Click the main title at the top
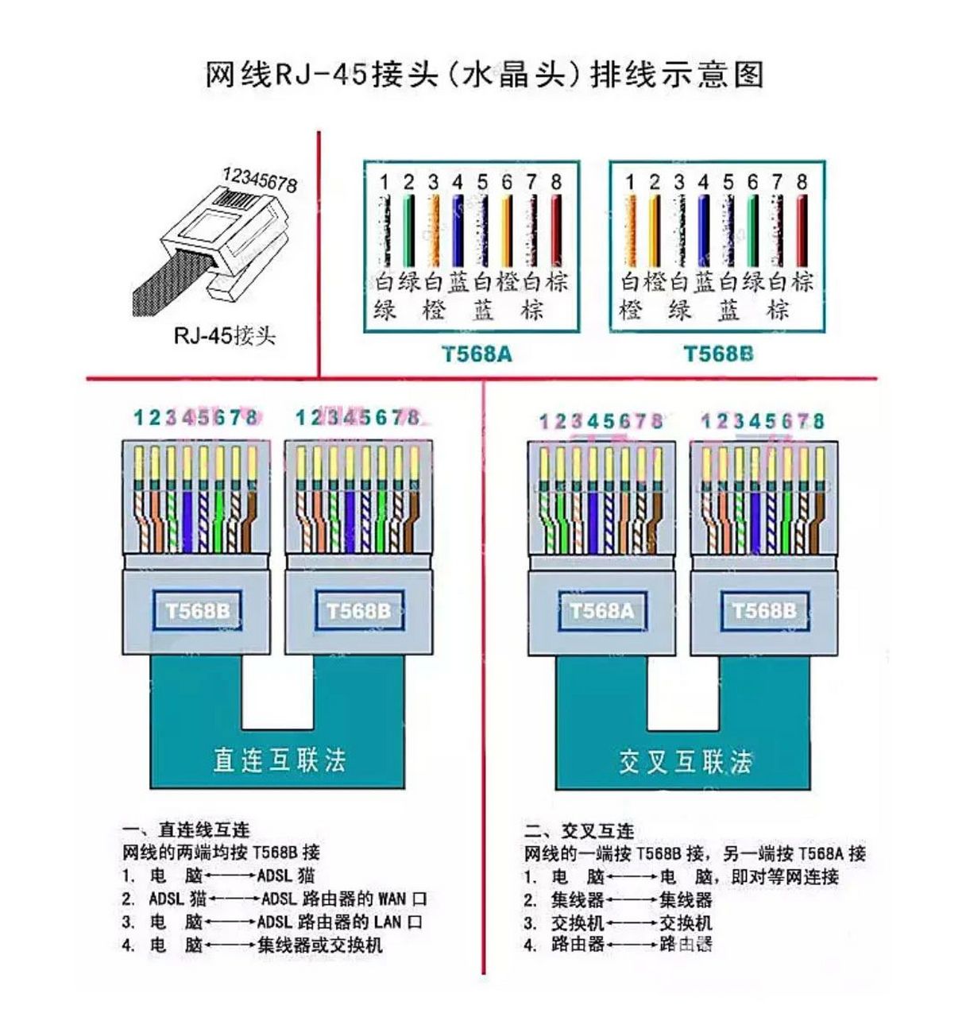point(484,75)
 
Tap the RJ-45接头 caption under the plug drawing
point(224,336)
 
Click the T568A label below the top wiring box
point(477,354)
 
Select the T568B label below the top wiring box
point(718,354)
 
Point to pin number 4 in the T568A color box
point(458,183)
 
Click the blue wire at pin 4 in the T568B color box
point(703,230)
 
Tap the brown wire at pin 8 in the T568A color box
point(556,230)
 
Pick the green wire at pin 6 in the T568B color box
point(752,230)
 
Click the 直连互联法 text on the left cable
point(279,760)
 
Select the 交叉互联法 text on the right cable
point(685,762)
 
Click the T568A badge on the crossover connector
point(601,611)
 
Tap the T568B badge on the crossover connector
point(763,611)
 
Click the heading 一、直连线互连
point(203,830)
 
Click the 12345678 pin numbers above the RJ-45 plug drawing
point(260,180)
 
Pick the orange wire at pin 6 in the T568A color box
point(507,230)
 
